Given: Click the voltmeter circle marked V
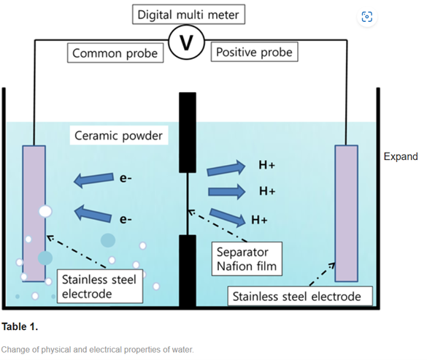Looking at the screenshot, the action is coord(187,42).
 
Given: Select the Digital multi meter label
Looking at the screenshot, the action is coord(188,15).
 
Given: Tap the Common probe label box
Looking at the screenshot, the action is coord(115,53).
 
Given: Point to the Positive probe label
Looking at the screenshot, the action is coord(254,52).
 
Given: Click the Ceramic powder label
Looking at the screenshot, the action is coord(119,135).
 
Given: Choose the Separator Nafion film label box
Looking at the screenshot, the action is coord(247,259).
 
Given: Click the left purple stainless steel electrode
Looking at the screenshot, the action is coord(34,213).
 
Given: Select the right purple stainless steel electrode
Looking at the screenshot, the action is coord(346,213).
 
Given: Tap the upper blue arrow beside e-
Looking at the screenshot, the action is coord(93,180).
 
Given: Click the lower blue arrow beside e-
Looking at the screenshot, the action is coord(93,213).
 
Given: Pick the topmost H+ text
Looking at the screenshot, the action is coord(267,165).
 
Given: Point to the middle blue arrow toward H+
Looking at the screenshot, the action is coord(226,191).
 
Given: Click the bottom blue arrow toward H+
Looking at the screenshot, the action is coord(227,218).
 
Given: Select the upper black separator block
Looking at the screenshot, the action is coord(188,132).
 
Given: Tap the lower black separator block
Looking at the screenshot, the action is coord(188,271).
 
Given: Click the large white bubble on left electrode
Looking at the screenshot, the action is coord(45,212).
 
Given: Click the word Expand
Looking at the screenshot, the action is coord(401,156).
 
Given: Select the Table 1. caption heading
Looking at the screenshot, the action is coord(20,326).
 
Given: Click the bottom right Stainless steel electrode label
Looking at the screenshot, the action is coord(300,296).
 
